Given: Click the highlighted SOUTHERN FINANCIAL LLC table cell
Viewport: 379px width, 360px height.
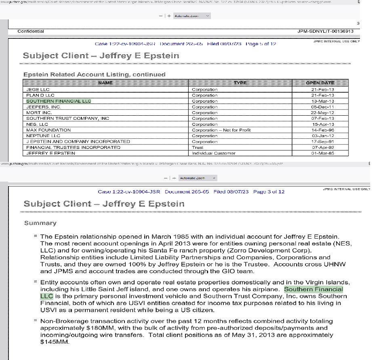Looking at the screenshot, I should tap(59, 101).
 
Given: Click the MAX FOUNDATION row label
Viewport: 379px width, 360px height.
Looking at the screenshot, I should tap(43, 130).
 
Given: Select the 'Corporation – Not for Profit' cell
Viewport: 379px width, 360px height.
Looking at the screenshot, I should tap(221, 130).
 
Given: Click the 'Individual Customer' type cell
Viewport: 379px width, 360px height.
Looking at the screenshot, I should tap(213, 153).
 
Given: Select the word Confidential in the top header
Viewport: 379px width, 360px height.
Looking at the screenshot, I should tap(31, 31).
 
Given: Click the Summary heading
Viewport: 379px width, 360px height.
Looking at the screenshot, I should tap(40, 223).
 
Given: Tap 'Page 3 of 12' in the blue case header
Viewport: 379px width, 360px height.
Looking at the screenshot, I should tap(269, 192).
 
